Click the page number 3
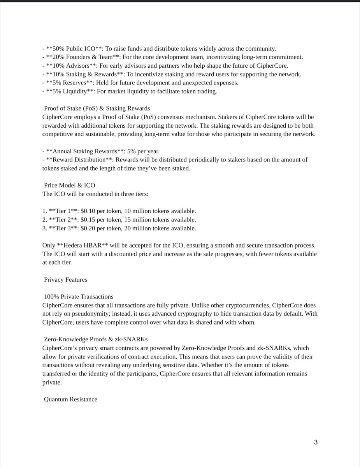click(x=316, y=442)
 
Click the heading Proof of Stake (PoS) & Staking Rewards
click(x=97, y=108)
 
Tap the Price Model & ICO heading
click(x=70, y=185)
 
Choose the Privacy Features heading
click(x=65, y=279)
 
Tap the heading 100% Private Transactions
click(x=79, y=297)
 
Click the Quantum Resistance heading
click(x=70, y=399)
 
